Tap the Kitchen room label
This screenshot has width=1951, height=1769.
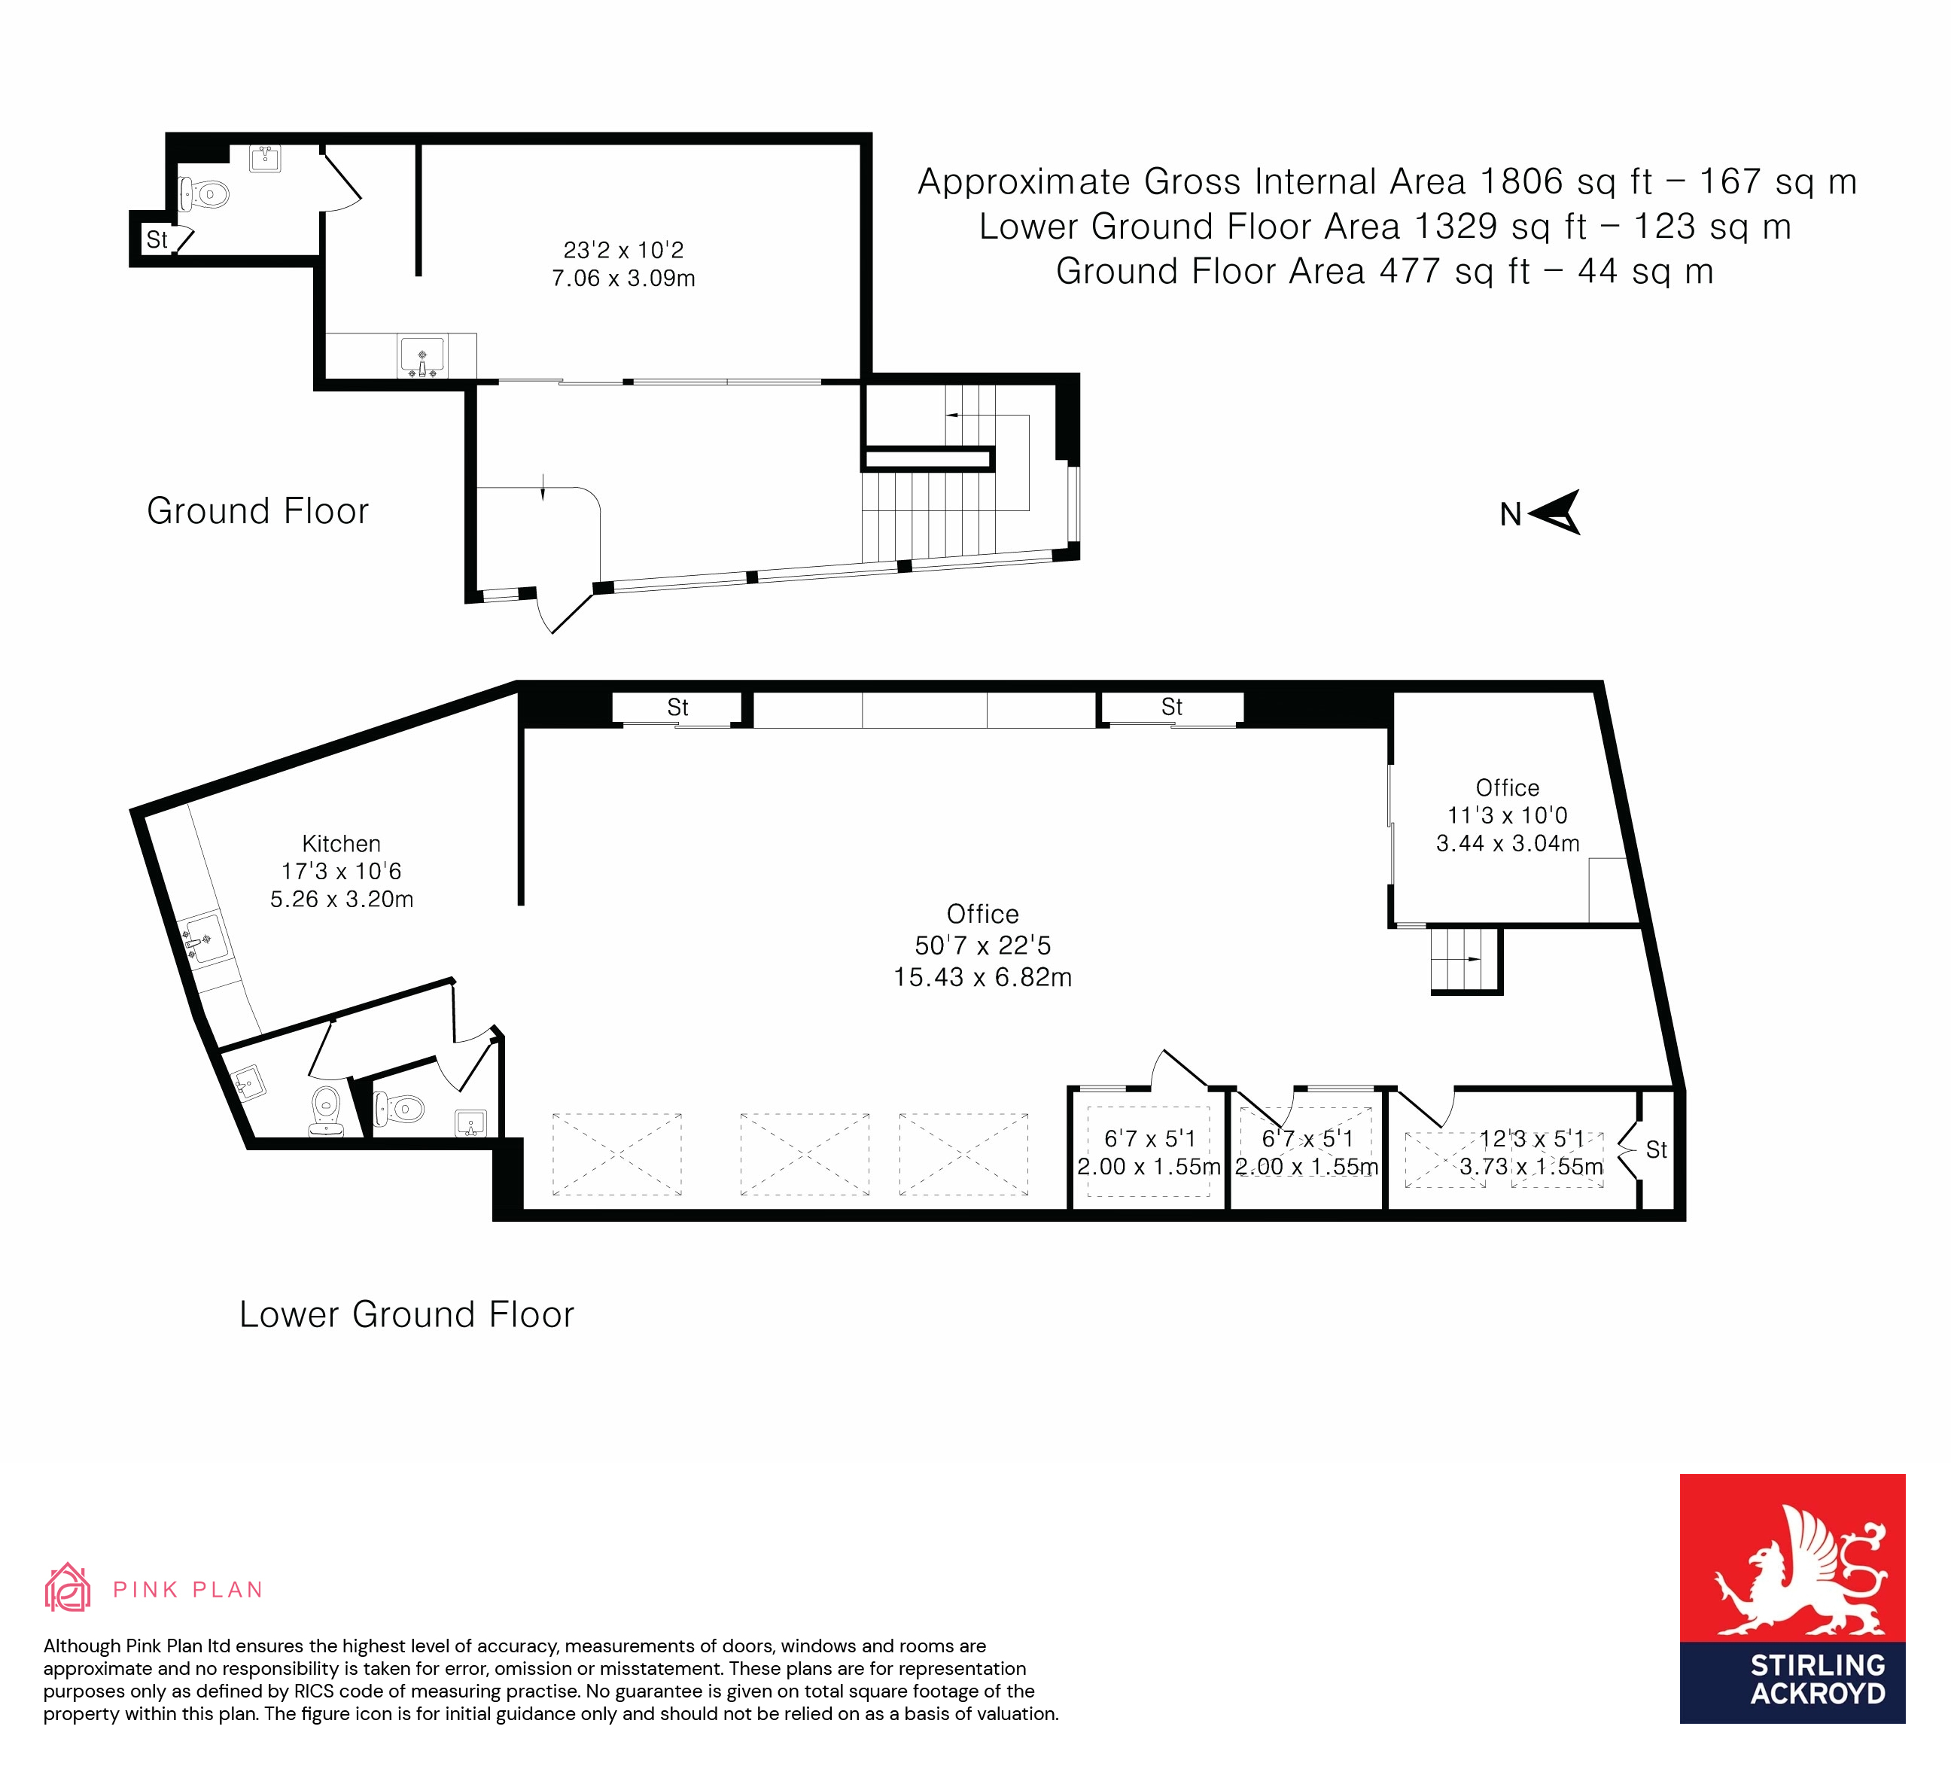point(341,843)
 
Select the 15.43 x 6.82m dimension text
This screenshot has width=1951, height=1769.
point(982,977)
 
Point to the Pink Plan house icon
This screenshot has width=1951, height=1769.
point(68,1589)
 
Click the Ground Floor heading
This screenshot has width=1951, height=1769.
point(257,511)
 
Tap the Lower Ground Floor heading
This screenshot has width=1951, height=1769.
point(406,1314)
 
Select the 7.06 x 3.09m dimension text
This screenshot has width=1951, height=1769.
point(623,279)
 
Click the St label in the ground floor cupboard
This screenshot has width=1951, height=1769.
point(157,239)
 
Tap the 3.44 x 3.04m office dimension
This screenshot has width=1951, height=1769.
point(1508,844)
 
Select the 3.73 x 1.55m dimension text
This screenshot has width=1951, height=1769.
point(1531,1167)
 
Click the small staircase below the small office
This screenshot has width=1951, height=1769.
point(1466,960)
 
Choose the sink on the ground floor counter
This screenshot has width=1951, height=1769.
point(422,356)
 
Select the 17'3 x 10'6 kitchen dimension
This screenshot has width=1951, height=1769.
point(341,871)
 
